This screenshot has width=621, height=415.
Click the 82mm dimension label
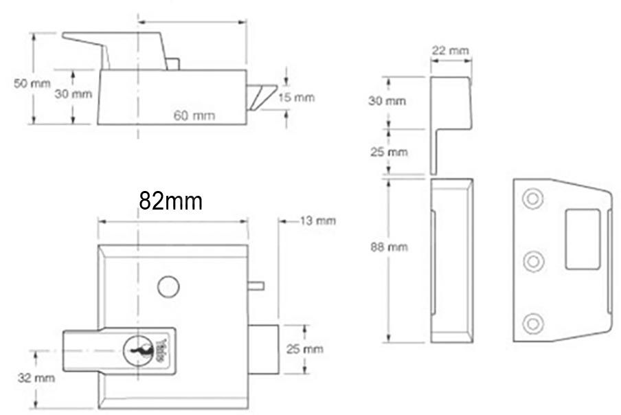click(x=170, y=201)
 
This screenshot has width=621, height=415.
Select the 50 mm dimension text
click(x=32, y=84)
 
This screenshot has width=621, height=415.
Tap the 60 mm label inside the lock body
click(x=193, y=115)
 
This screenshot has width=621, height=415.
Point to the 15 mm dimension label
click(x=296, y=98)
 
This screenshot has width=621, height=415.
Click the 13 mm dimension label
click(x=317, y=221)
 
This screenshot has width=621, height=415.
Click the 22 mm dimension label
click(x=451, y=50)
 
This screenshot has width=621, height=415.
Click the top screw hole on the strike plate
click(x=532, y=199)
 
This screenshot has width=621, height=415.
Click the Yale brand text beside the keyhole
click(x=161, y=349)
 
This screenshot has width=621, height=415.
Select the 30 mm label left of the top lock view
click(x=73, y=94)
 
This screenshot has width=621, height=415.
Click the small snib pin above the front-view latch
click(x=255, y=284)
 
